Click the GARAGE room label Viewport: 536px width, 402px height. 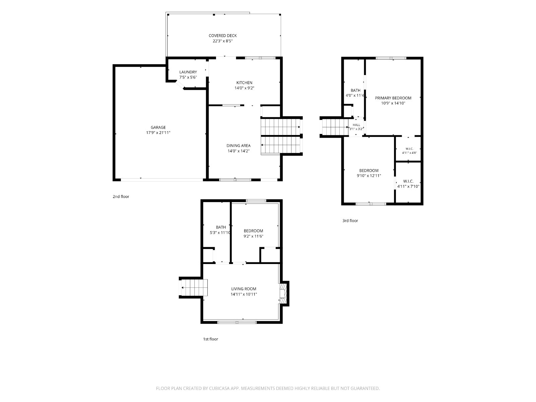point(158,127)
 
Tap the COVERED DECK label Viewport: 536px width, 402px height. point(222,36)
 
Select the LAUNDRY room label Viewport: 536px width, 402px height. point(188,72)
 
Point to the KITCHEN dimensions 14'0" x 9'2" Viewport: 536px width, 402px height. point(244,88)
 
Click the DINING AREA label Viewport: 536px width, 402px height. point(238,145)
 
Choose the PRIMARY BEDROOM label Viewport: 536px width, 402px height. point(393,98)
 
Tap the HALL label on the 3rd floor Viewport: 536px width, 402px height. point(356,125)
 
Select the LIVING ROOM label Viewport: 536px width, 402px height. point(244,289)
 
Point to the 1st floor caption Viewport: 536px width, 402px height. point(210,339)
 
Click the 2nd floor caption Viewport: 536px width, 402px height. point(121,197)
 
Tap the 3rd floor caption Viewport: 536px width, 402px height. point(350,221)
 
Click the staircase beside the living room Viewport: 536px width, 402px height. point(194,287)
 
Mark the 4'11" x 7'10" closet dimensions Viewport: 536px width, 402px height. point(408,187)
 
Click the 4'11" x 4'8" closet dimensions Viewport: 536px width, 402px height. point(409,153)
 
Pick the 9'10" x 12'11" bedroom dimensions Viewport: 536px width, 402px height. point(369,176)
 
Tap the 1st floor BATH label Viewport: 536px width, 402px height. point(221,227)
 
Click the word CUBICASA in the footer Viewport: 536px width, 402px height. point(219,388)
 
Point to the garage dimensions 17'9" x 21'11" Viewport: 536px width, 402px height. point(158,133)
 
